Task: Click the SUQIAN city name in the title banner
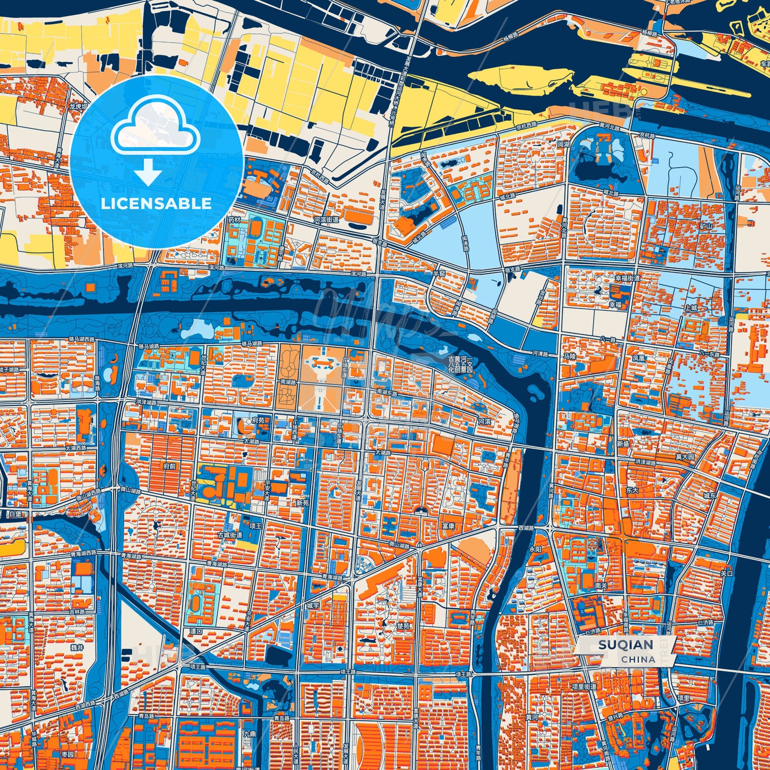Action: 626,645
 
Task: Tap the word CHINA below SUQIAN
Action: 638,659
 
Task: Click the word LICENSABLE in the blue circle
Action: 156,204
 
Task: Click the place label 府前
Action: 170,466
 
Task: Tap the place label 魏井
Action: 77,647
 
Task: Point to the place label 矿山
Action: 691,226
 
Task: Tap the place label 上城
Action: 691,308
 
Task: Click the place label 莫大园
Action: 685,457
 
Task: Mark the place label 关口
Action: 727,574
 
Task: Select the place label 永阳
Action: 535,549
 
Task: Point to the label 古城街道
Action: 230,534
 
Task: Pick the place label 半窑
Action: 438,273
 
